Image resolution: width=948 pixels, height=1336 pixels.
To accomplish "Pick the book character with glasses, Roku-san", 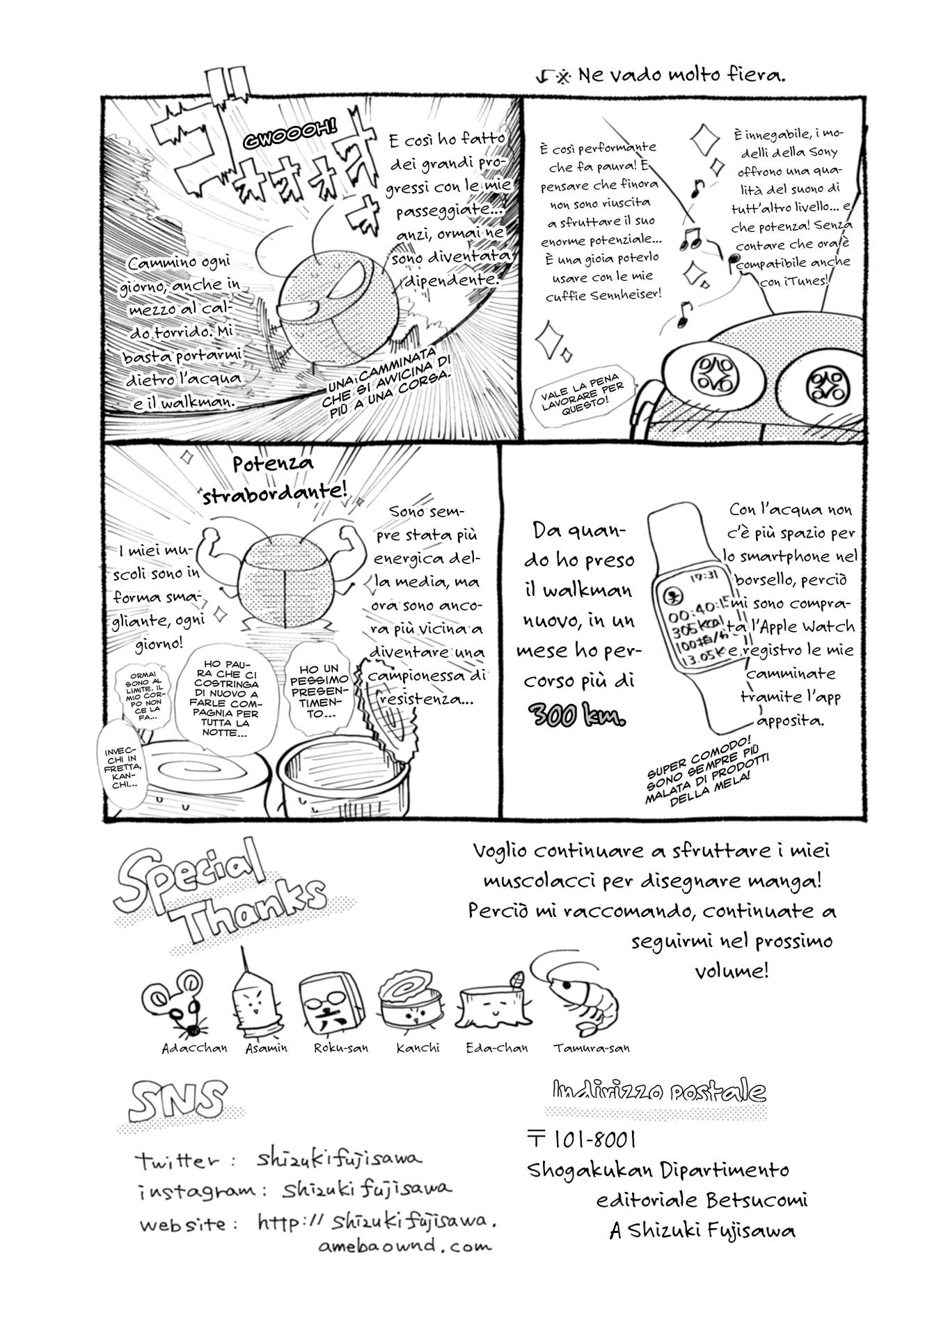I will (x=331, y=1005).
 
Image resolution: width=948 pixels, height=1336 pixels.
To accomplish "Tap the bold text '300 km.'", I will (x=577, y=714).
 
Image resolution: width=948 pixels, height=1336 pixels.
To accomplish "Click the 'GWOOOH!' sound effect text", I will (x=290, y=133).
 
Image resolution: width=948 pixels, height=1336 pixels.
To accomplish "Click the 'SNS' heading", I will (x=178, y=1101).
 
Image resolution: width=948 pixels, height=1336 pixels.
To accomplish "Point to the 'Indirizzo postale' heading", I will (x=658, y=1090).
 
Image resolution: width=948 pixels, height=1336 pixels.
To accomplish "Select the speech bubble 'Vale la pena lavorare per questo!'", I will (x=584, y=398).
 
